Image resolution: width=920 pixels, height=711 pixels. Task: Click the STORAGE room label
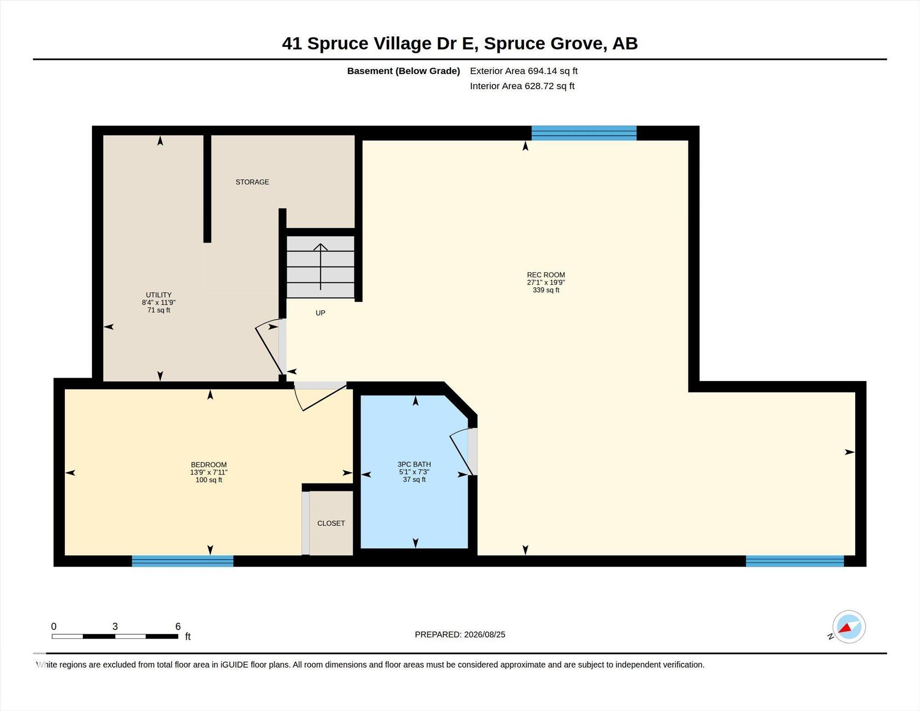pyautogui.click(x=252, y=182)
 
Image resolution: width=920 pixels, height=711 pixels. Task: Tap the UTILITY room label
pyautogui.click(x=159, y=295)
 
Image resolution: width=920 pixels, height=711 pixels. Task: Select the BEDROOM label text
pyautogui.click(x=209, y=465)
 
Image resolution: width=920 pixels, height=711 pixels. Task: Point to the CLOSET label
pyautogui.click(x=331, y=523)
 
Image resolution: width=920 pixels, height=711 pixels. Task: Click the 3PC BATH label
pyautogui.click(x=414, y=464)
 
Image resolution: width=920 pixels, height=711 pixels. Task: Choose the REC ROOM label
pyautogui.click(x=546, y=275)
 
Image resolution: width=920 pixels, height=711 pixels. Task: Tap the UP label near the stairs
pyautogui.click(x=321, y=313)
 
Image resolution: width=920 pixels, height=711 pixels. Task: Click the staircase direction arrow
pyautogui.click(x=321, y=267)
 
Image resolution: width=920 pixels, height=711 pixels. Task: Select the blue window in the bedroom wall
pyautogui.click(x=183, y=561)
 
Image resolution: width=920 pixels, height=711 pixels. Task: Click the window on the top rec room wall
pyautogui.click(x=584, y=133)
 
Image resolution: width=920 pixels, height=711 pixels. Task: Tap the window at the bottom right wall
pyautogui.click(x=795, y=561)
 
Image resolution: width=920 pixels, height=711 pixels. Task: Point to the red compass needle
pyautogui.click(x=845, y=628)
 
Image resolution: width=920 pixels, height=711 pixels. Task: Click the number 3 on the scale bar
pyautogui.click(x=115, y=626)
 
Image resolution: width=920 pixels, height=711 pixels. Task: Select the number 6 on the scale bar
pyautogui.click(x=178, y=626)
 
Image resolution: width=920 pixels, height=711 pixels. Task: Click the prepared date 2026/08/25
pyautogui.click(x=485, y=635)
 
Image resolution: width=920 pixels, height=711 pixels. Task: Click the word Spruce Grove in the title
pyautogui.click(x=543, y=43)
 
